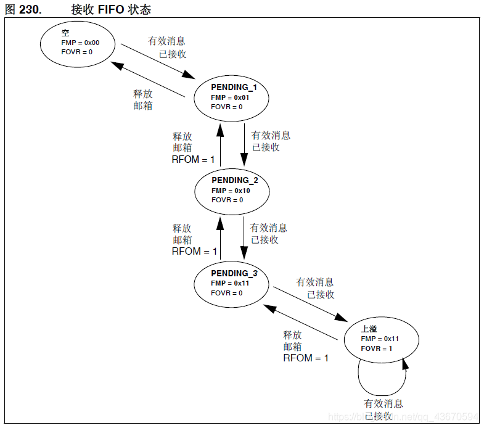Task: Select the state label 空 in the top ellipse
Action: [65, 31]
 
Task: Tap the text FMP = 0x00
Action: [80, 42]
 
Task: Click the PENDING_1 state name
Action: [234, 88]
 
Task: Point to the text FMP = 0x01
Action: [231, 97]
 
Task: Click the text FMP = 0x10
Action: [231, 191]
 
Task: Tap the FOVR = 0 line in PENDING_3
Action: [226, 293]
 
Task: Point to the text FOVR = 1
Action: [376, 348]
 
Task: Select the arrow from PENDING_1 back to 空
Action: [149, 78]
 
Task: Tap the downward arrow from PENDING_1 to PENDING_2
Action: [242, 144]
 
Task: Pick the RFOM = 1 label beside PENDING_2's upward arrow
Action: [193, 160]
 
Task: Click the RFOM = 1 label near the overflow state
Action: [306, 358]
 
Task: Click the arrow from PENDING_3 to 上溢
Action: [308, 303]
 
